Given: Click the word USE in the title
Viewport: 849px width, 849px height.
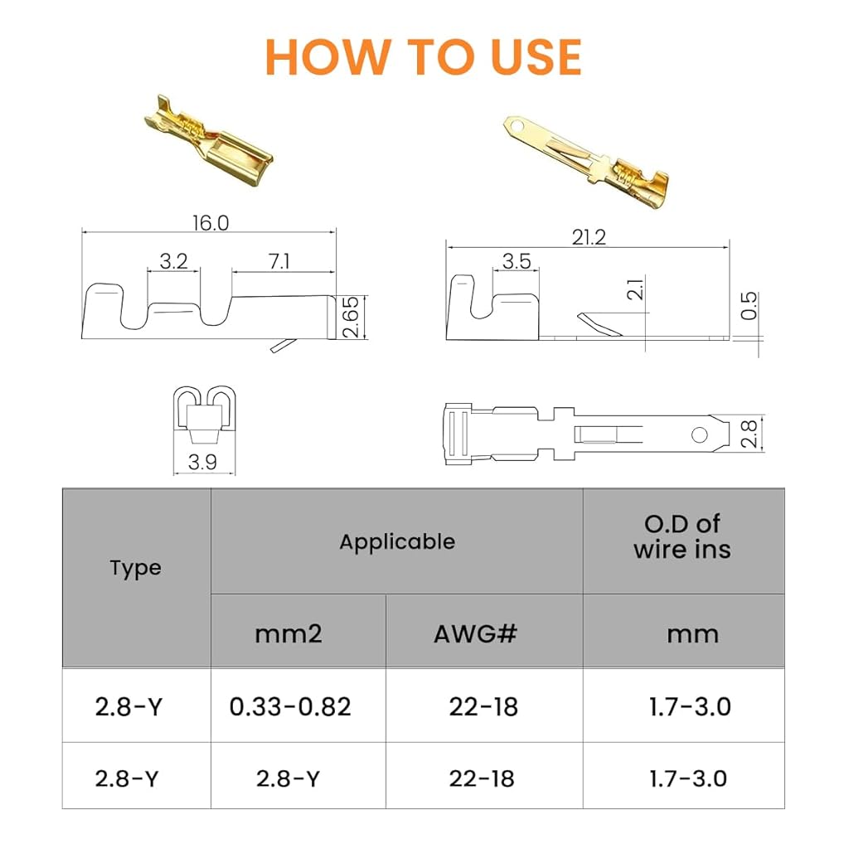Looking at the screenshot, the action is (x=536, y=57).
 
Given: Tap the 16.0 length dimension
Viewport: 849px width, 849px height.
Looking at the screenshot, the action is (x=211, y=223).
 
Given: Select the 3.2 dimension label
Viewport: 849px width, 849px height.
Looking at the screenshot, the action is (x=174, y=261).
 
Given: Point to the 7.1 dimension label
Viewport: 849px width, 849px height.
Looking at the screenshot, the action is (x=279, y=261).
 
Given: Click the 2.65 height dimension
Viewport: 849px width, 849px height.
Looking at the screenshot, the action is (x=351, y=317).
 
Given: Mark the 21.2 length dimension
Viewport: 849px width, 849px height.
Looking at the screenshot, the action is (x=589, y=237).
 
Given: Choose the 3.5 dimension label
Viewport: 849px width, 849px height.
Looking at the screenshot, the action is (x=516, y=261).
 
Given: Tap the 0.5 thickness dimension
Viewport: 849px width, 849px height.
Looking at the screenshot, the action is (x=749, y=306).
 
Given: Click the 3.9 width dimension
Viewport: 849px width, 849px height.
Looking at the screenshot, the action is (x=202, y=462).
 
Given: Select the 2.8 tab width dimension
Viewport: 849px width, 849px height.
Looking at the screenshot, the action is (x=749, y=433).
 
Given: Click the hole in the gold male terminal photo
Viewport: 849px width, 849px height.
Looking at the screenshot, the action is (x=518, y=127).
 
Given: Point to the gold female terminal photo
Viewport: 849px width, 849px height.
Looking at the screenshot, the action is (x=208, y=142).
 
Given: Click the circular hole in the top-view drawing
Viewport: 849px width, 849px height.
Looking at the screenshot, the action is (x=699, y=434).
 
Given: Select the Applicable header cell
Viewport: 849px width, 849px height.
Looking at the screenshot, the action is (x=397, y=542).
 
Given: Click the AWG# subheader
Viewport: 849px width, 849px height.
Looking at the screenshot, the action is (x=475, y=633).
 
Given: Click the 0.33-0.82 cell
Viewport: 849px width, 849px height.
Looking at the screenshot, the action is (x=290, y=706).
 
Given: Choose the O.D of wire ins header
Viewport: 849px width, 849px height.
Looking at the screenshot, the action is (x=682, y=536).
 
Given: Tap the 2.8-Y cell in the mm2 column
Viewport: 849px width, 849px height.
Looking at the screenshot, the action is (x=288, y=779).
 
